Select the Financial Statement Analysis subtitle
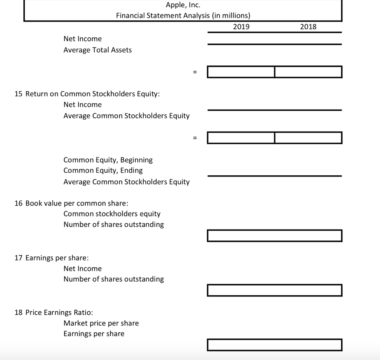183,16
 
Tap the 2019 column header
241,27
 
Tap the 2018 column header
308,27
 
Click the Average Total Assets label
98,50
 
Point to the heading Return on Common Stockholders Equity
92,94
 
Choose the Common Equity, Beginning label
108,160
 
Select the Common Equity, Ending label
103,171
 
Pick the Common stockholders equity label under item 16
112,214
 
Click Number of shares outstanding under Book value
114,224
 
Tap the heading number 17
19,258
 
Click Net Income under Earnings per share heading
82,269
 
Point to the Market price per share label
101,323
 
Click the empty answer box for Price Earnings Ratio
275,345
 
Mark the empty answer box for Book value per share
275,236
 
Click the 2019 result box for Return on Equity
241,138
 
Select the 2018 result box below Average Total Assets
308,72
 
